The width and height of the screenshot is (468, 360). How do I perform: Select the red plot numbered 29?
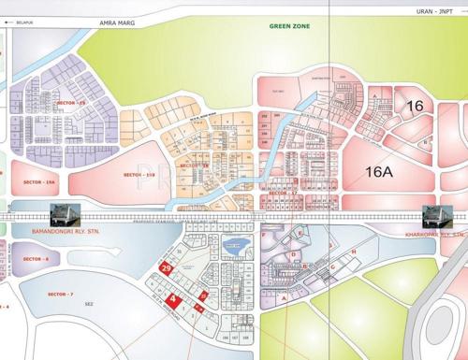point(166,268)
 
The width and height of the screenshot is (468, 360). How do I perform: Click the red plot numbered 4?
point(173,299)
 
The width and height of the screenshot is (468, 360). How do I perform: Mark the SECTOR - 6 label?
point(35,258)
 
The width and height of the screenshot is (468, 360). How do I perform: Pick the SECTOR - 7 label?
point(59,295)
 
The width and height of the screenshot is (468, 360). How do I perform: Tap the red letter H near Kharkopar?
point(354,252)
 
